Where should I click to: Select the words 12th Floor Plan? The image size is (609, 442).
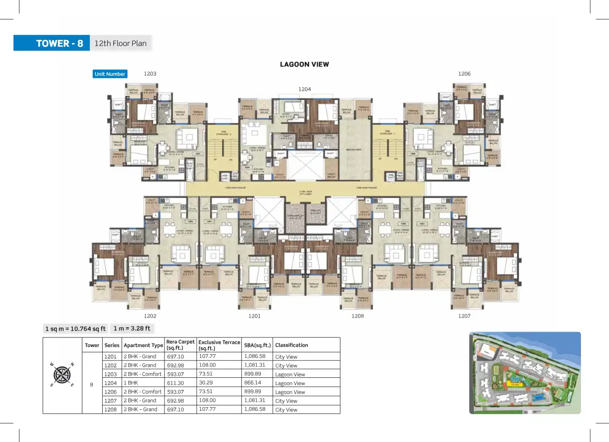pyautogui.click(x=120, y=43)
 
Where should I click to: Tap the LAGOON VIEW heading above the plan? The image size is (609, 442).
pyautogui.click(x=304, y=64)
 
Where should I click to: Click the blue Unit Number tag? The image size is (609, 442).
pyautogui.click(x=110, y=74)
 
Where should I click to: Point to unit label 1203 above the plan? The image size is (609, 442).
pyautogui.click(x=150, y=74)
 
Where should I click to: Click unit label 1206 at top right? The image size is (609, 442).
pyautogui.click(x=464, y=74)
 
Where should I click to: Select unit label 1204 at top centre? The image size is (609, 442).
pyautogui.click(x=305, y=89)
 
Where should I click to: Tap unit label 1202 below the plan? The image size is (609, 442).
pyautogui.click(x=150, y=316)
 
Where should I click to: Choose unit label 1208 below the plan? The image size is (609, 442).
pyautogui.click(x=358, y=316)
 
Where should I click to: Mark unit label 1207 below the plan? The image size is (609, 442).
pyautogui.click(x=464, y=316)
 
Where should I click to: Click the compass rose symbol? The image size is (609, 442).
pyautogui.click(x=62, y=375)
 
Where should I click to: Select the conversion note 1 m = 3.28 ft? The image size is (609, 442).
pyautogui.click(x=132, y=328)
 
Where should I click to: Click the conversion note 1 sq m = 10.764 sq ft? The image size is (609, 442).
pyautogui.click(x=76, y=329)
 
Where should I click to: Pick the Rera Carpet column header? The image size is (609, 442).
pyautogui.click(x=180, y=345)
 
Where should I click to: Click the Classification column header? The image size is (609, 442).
pyautogui.click(x=292, y=345)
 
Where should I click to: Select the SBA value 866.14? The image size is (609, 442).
pyautogui.click(x=253, y=383)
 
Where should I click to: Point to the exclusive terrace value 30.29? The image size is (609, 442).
pyautogui.click(x=206, y=383)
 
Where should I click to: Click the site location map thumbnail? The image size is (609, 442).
pyautogui.click(x=525, y=373)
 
